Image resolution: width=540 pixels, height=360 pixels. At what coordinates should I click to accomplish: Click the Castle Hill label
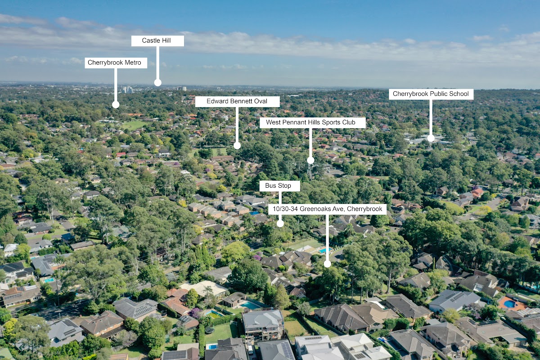tap(157, 41)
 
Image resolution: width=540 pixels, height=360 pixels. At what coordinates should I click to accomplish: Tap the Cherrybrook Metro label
tap(116, 63)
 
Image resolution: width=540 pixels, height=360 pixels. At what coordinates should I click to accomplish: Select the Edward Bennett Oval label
tap(237, 102)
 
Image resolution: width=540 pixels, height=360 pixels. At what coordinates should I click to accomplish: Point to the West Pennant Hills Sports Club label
tap(310, 122)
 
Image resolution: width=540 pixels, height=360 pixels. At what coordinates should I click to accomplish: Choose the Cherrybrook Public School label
tap(431, 94)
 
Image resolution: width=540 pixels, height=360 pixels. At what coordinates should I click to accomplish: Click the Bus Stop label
tap(279, 186)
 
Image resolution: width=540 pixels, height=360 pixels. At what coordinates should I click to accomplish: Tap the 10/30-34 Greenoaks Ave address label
tap(327, 209)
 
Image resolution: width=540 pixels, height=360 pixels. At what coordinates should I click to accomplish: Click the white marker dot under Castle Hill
tap(157, 82)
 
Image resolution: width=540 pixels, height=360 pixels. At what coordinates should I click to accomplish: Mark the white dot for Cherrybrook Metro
tap(116, 104)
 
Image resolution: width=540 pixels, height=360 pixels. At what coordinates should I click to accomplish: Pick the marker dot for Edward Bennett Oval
tap(237, 145)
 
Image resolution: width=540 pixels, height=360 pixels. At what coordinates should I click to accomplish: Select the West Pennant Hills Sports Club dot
tap(310, 160)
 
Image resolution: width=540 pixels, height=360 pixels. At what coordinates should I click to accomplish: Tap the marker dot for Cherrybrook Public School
tap(431, 138)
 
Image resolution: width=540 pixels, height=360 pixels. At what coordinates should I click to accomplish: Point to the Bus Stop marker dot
tap(280, 223)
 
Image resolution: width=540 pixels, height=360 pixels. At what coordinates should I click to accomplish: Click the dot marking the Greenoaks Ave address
tap(327, 264)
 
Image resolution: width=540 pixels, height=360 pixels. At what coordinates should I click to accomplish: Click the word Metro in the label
tap(132, 63)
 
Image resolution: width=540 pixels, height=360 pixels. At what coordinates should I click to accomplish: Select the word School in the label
tap(459, 94)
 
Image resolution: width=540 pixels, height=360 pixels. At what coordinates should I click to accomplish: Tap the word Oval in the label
tap(260, 102)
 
